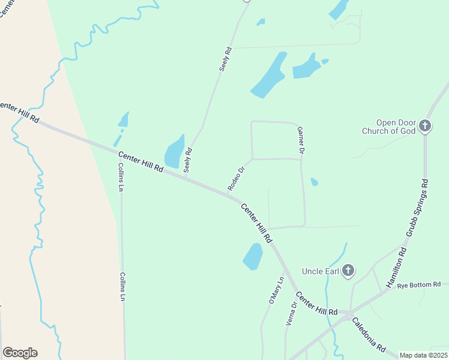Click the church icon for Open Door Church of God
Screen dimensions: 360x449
coord(425,125)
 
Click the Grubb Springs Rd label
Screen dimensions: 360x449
coord(417,207)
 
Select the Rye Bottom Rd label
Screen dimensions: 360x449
coord(419,284)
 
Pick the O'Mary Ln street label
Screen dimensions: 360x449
coord(276,290)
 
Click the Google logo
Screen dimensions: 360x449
coord(20,353)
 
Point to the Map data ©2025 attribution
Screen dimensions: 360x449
coord(423,355)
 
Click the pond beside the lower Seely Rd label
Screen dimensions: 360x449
coord(174,152)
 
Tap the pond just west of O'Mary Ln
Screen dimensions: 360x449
coord(253,257)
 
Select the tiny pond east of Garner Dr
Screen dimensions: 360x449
coord(314,182)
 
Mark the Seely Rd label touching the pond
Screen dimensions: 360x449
coord(188,160)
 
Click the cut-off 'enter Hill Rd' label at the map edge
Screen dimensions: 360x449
coord(19,113)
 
